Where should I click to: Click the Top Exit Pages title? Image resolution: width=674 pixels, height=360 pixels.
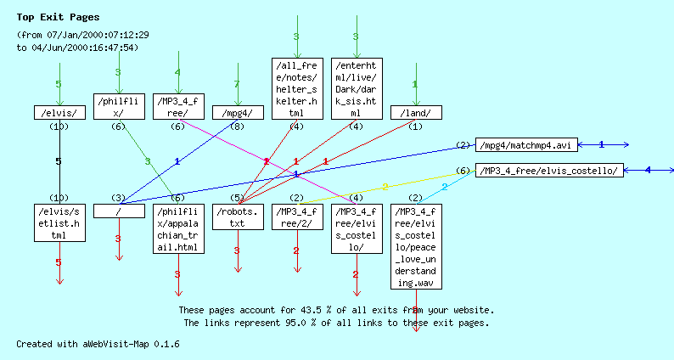pyautogui.click(x=58, y=17)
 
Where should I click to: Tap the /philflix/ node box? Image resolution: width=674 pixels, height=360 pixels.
pyautogui.click(x=118, y=106)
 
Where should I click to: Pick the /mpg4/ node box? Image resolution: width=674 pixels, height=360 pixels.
pyautogui.click(x=237, y=112)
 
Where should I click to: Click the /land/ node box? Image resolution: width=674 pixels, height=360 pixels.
pyautogui.click(x=415, y=112)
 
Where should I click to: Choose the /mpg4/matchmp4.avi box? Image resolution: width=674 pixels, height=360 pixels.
pyautogui.click(x=526, y=145)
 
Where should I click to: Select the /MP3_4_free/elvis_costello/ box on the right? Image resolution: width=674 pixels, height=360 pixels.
pyautogui.click(x=549, y=171)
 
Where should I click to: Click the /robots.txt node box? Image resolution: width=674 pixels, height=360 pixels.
pyautogui.click(x=237, y=217)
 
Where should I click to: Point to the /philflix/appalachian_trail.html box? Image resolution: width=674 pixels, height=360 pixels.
pyautogui.click(x=177, y=229)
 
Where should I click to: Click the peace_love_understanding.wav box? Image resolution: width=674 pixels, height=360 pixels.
pyautogui.click(x=415, y=246)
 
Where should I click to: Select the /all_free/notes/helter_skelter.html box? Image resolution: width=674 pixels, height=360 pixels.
pyautogui.click(x=296, y=88)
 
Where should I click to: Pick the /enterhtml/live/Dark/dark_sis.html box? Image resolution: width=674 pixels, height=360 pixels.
pyautogui.click(x=356, y=88)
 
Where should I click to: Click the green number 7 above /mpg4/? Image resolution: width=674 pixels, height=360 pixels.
pyautogui.click(x=237, y=84)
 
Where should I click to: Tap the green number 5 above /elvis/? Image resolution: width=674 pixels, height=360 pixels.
pyautogui.click(x=59, y=84)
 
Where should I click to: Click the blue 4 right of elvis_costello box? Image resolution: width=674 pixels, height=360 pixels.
pyautogui.click(x=647, y=171)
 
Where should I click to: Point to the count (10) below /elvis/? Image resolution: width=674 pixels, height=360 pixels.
pyautogui.click(x=59, y=127)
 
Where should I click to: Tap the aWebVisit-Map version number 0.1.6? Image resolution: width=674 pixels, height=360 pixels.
pyautogui.click(x=166, y=344)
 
